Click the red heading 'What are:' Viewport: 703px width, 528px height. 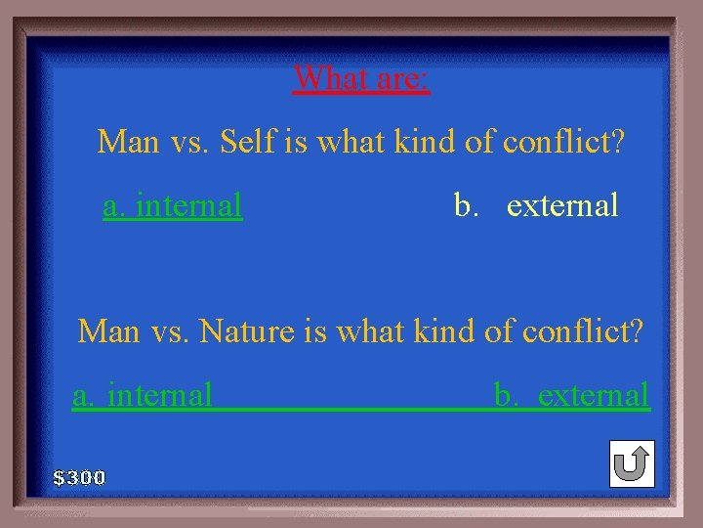pos(361,76)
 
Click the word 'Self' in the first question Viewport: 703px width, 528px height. pos(248,143)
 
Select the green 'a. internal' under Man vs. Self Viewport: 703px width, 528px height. pos(173,205)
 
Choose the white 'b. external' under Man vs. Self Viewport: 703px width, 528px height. pos(536,205)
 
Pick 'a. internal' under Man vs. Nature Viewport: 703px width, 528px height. pos(143,395)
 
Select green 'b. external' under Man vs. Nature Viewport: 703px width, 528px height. pos(572,395)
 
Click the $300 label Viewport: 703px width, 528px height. pos(79,478)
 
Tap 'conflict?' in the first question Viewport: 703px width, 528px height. pos(563,143)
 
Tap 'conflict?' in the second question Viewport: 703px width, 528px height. pos(583,332)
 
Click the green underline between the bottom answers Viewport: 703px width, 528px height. pos(351,409)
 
